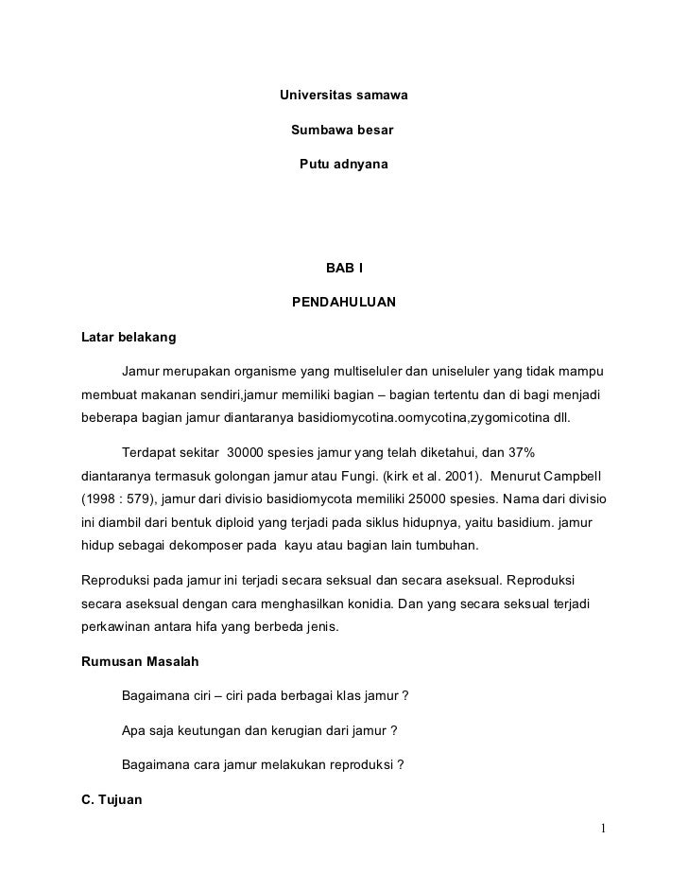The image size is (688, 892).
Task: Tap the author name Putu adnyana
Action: [x=343, y=165]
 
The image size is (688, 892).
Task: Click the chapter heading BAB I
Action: [x=344, y=270]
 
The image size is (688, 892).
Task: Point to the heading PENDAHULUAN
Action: [x=343, y=304]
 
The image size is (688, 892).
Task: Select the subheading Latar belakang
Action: [x=129, y=338]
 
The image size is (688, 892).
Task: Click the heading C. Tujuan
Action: [x=112, y=800]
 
